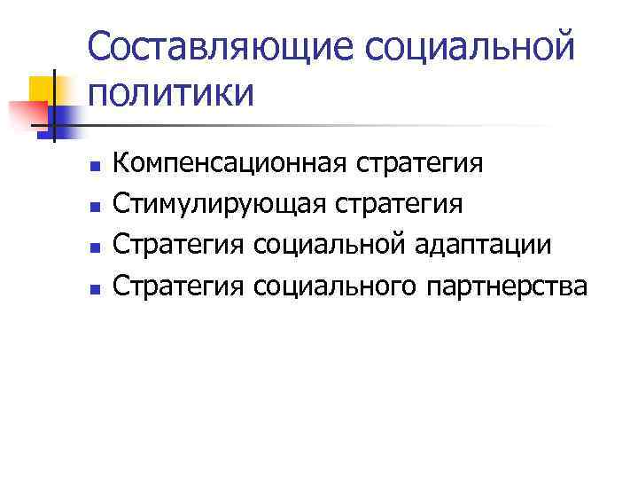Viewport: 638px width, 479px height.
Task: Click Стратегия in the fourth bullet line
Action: pos(180,287)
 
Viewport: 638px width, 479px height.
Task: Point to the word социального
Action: pos(334,287)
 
